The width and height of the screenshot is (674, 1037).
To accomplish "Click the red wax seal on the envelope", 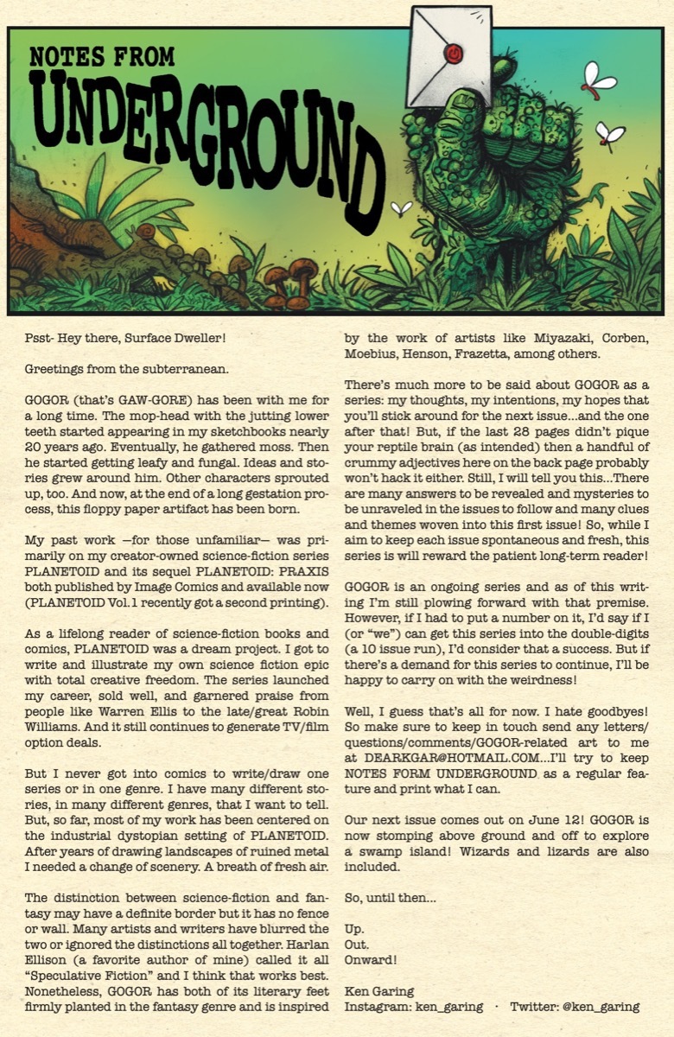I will pyautogui.click(x=451, y=54).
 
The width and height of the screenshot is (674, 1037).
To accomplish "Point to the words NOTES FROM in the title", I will pyautogui.click(x=103, y=58).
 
